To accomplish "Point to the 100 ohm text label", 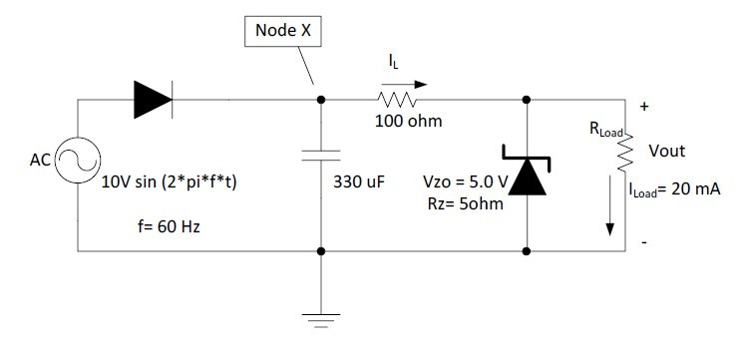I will (x=407, y=122).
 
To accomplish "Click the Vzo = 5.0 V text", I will (x=466, y=184).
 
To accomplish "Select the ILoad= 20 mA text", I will (x=674, y=190).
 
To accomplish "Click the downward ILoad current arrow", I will (x=608, y=208).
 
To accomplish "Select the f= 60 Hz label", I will (x=169, y=227).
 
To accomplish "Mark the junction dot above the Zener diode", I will (x=526, y=99).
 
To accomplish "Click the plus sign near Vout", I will (x=643, y=107).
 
